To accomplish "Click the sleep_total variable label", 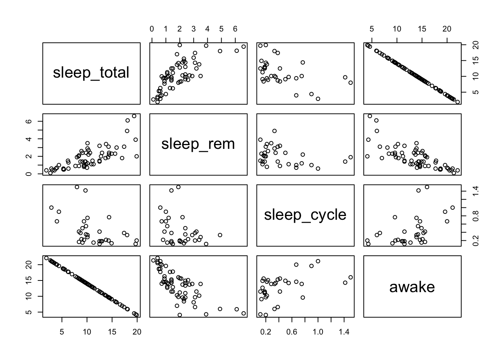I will pos(91,73).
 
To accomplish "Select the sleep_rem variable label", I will pos(198,144).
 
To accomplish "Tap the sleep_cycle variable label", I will pos(305,215).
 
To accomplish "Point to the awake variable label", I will pos(412,287).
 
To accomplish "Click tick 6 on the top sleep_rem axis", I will pos(235,29).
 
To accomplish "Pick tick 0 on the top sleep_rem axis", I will pos(151,29).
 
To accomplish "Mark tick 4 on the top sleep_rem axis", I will pos(207,29).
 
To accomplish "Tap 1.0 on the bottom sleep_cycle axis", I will pos(318,332).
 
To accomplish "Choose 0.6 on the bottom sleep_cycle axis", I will pos(292,332).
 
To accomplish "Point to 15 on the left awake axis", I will pos(32,280).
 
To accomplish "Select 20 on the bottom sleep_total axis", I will pos(137,332).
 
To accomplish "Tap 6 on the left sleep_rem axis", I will pos(32,121).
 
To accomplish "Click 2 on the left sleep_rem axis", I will pos(32,156).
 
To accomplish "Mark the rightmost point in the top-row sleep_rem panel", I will pos(243,46).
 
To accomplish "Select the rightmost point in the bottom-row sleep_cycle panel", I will pos(351,277).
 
